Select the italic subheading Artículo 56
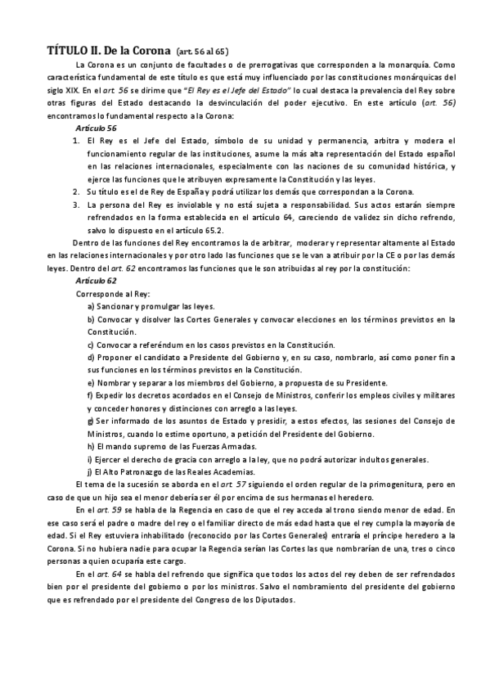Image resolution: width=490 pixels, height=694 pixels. tap(96, 128)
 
